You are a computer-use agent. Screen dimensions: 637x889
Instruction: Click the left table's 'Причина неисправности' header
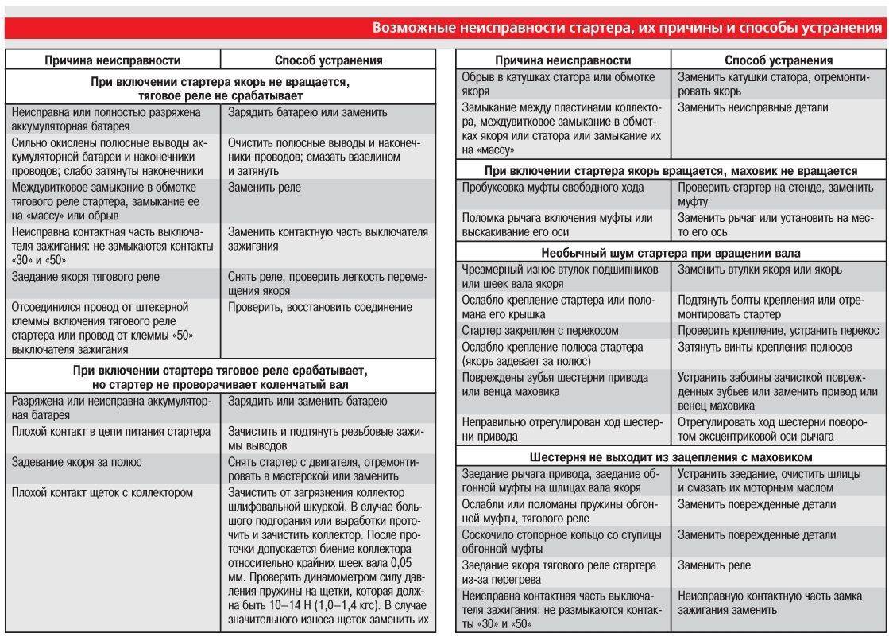pos(112,60)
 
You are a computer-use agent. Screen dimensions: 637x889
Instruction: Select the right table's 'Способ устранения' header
pos(778,60)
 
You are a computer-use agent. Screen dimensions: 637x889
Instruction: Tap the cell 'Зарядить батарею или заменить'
pos(307,112)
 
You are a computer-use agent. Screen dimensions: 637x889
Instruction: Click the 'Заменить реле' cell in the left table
pos(264,188)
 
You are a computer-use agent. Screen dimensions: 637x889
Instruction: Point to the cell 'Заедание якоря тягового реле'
pos(86,277)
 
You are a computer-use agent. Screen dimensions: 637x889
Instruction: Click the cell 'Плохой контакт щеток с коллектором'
pos(102,492)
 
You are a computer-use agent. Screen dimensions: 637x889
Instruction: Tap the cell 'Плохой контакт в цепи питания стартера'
pos(111,432)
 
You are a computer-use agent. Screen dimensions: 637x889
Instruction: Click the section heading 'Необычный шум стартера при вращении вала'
pos(671,254)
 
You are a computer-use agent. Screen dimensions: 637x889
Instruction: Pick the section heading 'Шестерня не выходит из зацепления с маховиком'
pos(671,457)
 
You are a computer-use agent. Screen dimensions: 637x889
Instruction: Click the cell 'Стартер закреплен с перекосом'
pos(540,330)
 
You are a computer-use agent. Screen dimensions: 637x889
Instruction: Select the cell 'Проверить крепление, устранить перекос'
pos(778,330)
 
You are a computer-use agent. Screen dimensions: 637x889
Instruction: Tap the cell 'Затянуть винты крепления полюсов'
pos(764,347)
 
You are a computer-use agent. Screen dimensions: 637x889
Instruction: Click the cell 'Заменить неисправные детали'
pos(752,107)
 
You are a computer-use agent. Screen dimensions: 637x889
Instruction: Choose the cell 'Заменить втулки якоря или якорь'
pos(760,270)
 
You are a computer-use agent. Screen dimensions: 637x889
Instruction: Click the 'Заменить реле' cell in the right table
pos(713,565)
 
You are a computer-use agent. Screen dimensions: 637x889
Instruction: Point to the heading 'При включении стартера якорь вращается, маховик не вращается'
pos(671,171)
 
